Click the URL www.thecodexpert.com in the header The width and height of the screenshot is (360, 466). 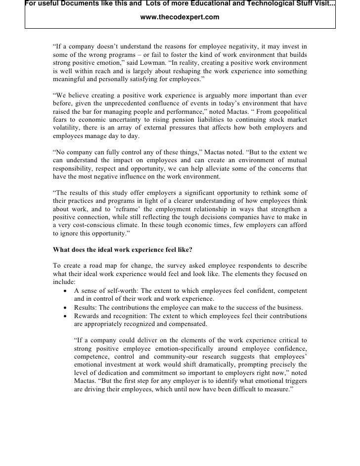click(180, 17)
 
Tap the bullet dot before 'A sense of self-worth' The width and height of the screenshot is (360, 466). click(66, 291)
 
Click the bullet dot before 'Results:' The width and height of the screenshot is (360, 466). click(66, 308)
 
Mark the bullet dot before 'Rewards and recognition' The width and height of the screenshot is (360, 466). click(66, 316)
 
